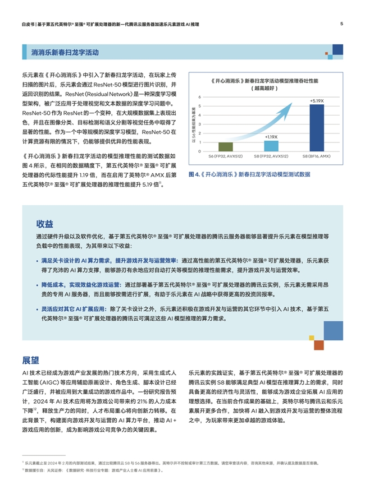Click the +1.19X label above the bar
pyautogui.click(x=270, y=136)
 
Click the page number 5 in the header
pyautogui.click(x=342, y=24)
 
